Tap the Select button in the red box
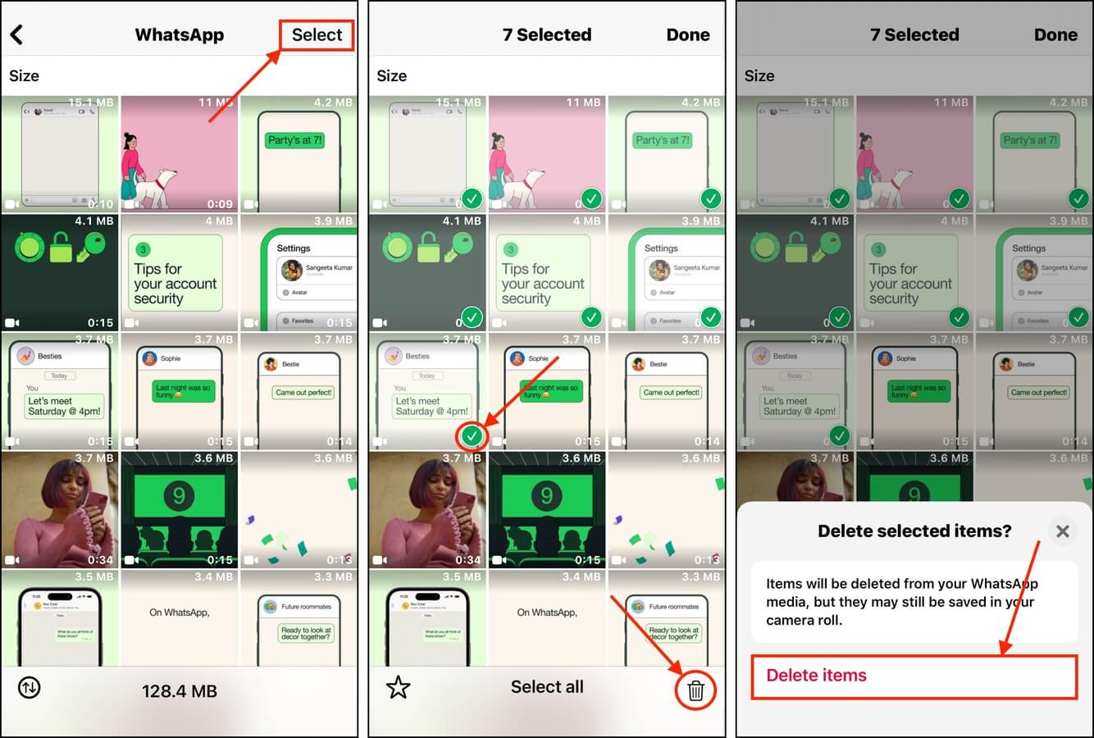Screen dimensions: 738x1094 click(x=317, y=35)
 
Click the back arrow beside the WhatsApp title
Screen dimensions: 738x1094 click(x=16, y=34)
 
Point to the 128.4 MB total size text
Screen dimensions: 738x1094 click(x=179, y=691)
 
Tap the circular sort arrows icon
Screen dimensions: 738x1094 click(x=30, y=688)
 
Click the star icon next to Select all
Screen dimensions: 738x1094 click(x=398, y=687)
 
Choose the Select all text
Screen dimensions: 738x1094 click(x=547, y=687)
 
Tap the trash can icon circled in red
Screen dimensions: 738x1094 click(x=695, y=690)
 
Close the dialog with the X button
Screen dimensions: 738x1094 click(x=1062, y=531)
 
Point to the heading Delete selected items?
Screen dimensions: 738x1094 click(x=914, y=531)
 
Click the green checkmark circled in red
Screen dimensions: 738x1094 click(x=472, y=436)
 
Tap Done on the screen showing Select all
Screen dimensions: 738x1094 click(x=687, y=35)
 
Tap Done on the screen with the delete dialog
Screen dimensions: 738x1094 click(x=1055, y=35)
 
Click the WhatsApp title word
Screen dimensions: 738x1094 click(x=179, y=35)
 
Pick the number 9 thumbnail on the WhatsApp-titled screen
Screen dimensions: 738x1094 click(x=179, y=496)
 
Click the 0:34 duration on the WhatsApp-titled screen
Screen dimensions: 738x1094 click(x=100, y=560)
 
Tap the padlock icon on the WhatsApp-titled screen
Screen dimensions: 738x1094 click(x=61, y=247)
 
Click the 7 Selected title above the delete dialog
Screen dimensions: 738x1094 click(x=914, y=35)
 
